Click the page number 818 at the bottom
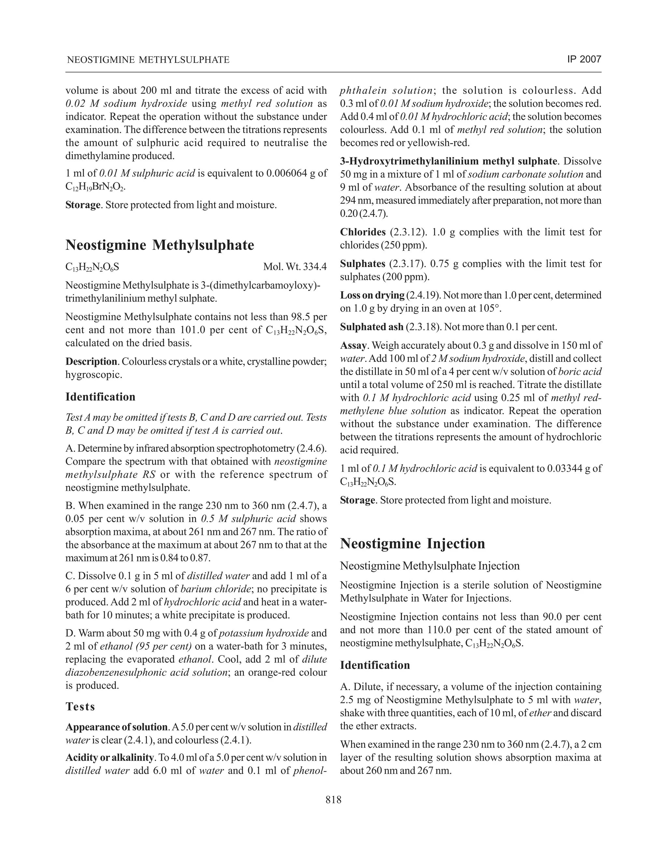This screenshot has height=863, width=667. click(x=333, y=800)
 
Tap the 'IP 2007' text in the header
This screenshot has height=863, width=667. click(x=584, y=59)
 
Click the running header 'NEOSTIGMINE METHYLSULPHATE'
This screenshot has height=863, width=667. click(x=148, y=60)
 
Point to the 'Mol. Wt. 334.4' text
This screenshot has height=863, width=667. click(x=295, y=267)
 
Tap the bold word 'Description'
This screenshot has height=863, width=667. click(x=91, y=361)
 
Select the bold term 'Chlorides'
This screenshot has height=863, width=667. click(x=363, y=232)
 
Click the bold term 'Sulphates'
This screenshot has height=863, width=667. click(x=363, y=263)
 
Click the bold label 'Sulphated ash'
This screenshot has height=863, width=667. click(x=371, y=327)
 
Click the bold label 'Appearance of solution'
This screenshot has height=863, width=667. click(x=116, y=727)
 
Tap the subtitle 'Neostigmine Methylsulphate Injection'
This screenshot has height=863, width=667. click(x=430, y=566)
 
